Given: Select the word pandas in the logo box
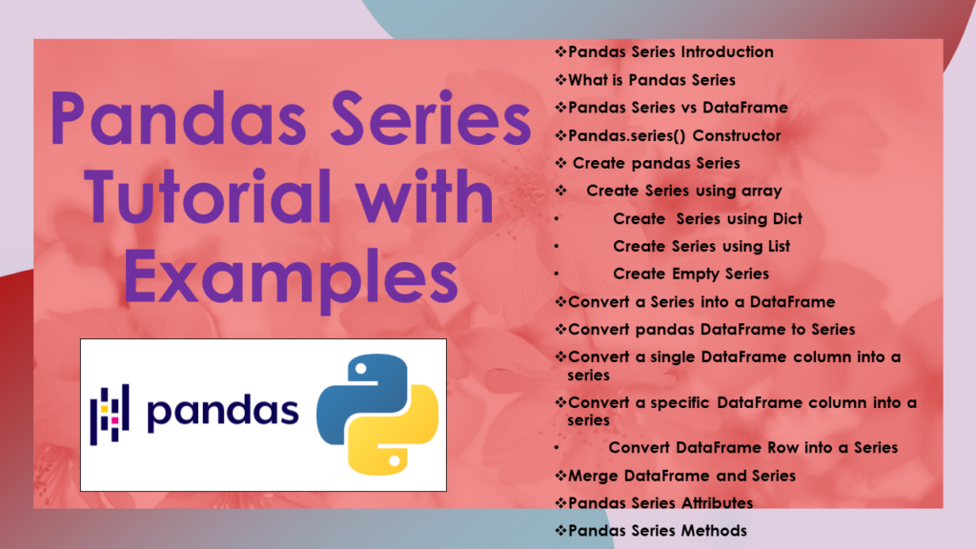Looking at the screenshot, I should pyautogui.click(x=223, y=411).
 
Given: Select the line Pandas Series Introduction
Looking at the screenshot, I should pyautogui.click(x=670, y=51).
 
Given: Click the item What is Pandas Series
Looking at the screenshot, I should pyautogui.click(x=651, y=79).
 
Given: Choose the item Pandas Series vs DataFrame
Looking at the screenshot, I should pyautogui.click(x=678, y=107).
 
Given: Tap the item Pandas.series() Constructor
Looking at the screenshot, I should pyautogui.click(x=674, y=135).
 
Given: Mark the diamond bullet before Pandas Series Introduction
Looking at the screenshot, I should pyautogui.click(x=560, y=51).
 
